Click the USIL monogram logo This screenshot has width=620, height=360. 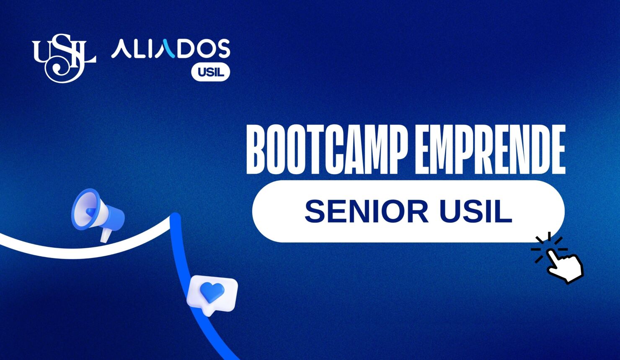tap(64, 58)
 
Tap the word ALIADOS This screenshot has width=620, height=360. tap(170, 49)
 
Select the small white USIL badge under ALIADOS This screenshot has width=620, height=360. tap(211, 72)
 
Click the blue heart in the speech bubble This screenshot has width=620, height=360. tap(212, 292)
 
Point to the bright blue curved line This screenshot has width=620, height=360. tap(189, 285)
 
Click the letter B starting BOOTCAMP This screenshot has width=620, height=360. tap(256, 150)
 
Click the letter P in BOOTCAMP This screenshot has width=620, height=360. tap(398, 150)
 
